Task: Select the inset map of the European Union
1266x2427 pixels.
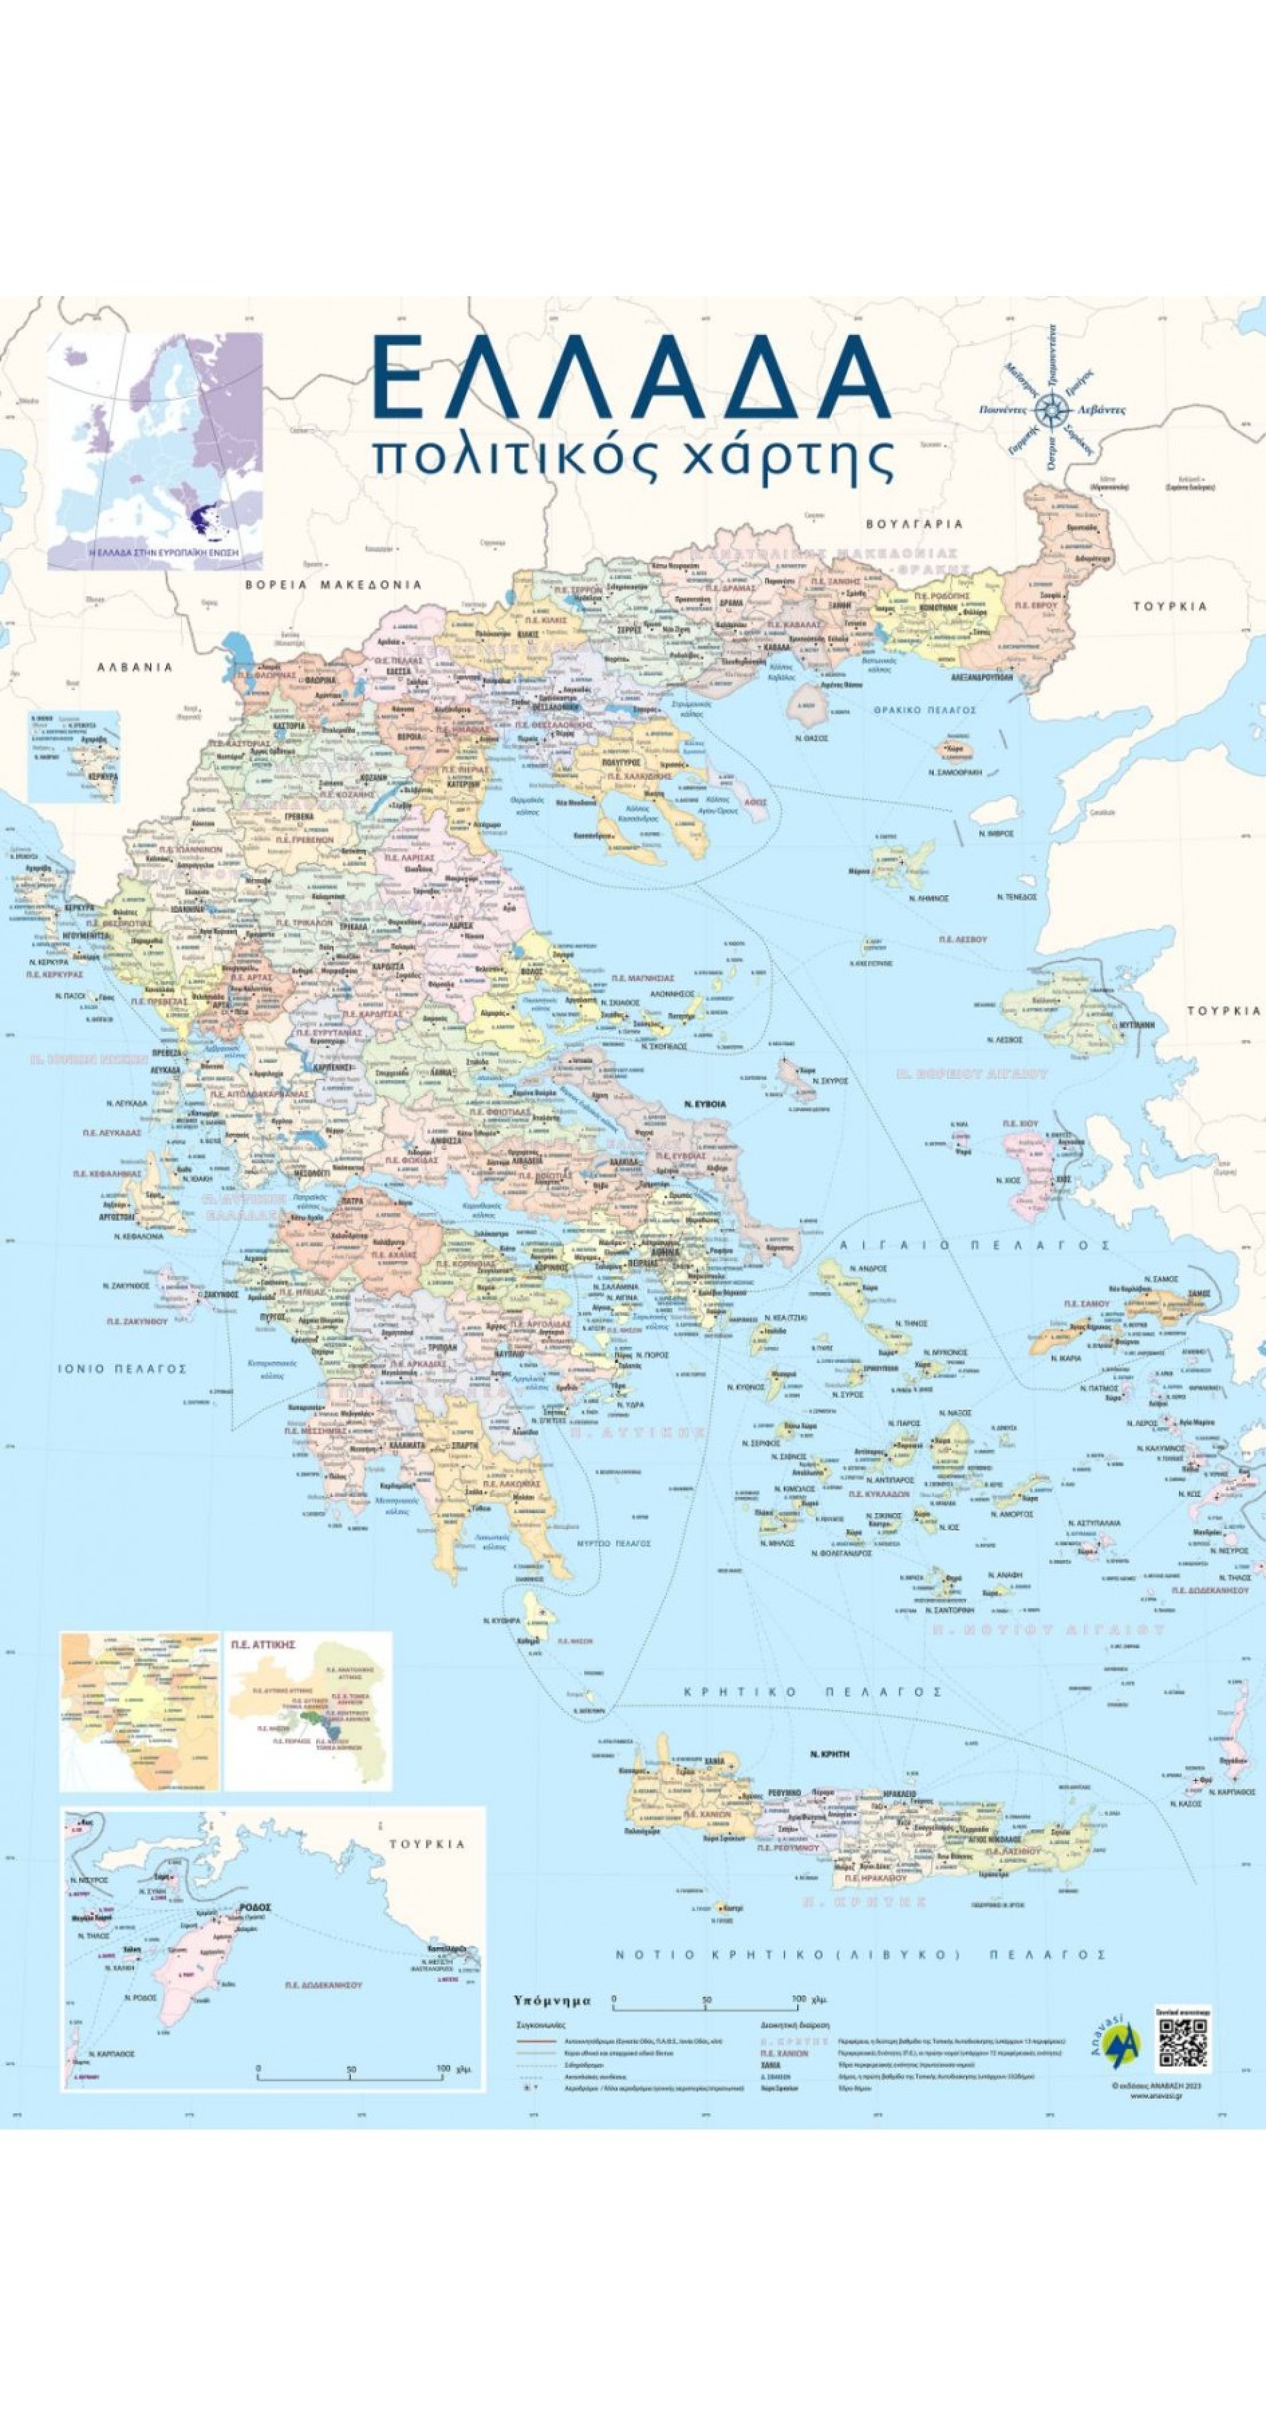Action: coord(155,450)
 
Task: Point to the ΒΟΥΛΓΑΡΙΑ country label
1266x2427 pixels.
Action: coord(914,524)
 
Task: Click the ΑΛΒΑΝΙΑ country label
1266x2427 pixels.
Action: coord(135,667)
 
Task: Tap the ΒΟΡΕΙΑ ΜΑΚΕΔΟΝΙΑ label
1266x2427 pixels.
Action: coord(334,584)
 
